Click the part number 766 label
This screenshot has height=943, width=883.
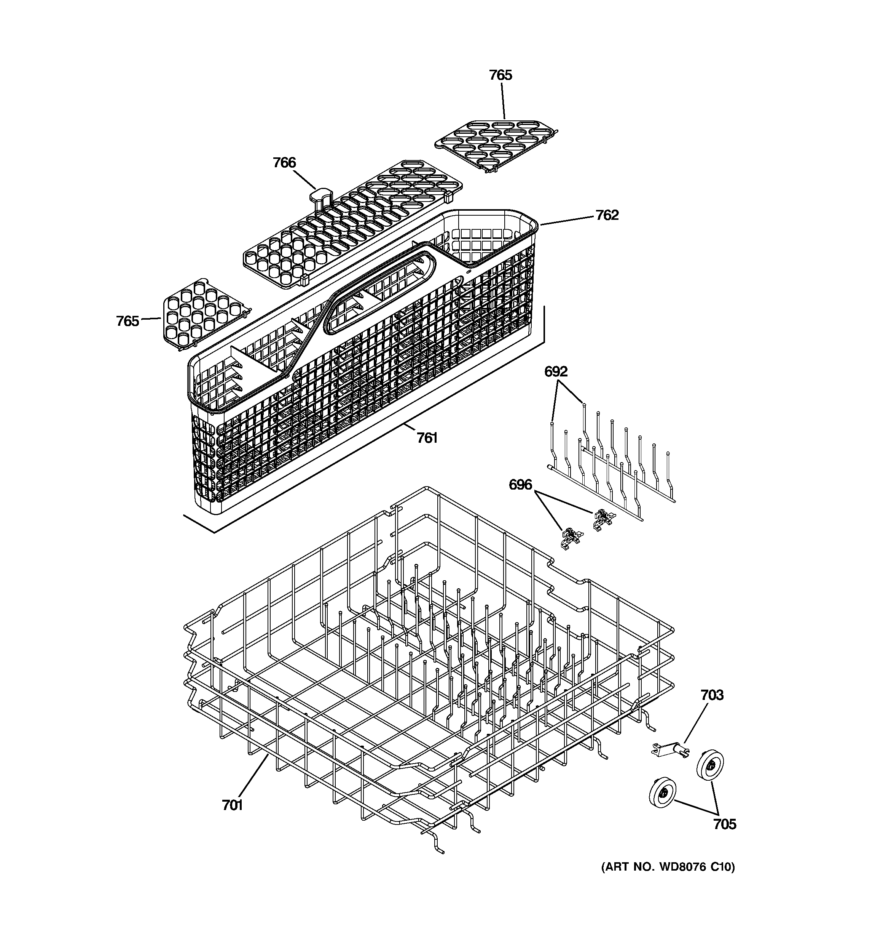coord(284,163)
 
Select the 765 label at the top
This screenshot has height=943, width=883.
coord(500,75)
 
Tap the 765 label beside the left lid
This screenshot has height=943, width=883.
coord(128,321)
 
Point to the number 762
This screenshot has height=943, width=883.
coord(607,215)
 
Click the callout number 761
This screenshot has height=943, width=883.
coord(427,437)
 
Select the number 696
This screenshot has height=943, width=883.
coord(520,485)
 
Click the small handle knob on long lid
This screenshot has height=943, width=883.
coord(321,195)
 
